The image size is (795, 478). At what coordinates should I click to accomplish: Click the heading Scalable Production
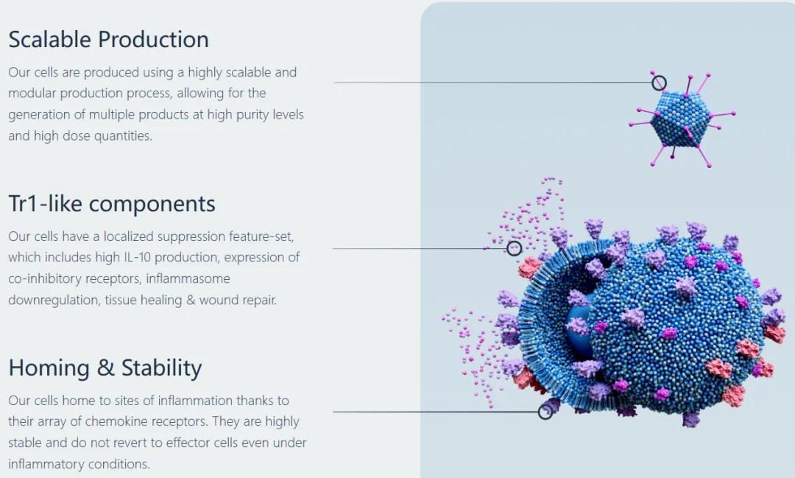[108, 40]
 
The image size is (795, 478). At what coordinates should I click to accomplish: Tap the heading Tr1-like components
[112, 204]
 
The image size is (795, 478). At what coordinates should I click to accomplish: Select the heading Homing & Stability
[105, 368]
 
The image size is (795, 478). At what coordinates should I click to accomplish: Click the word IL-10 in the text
[138, 257]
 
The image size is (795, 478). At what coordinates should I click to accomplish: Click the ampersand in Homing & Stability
[105, 368]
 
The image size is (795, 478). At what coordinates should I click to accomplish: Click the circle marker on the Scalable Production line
[659, 82]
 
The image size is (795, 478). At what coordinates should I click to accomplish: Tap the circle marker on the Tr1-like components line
[514, 248]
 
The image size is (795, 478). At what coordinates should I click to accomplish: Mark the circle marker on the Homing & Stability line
[545, 412]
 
